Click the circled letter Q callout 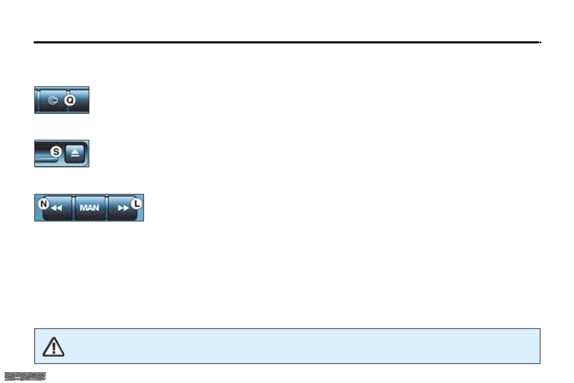pos(69,100)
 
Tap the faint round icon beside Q pos(53,100)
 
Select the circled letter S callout pos(56,151)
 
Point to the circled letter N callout pos(44,204)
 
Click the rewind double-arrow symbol pos(56,208)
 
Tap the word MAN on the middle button pos(90,208)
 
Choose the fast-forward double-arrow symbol pos(123,208)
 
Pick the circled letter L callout pos(137,204)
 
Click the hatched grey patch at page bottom pos(25,376)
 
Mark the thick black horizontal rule pos(286,42)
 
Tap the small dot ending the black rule pos(540,42)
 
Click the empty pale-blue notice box pos(288,346)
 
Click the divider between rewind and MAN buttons pos(73,208)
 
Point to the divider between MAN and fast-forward pos(107,208)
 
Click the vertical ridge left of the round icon pos(38,100)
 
